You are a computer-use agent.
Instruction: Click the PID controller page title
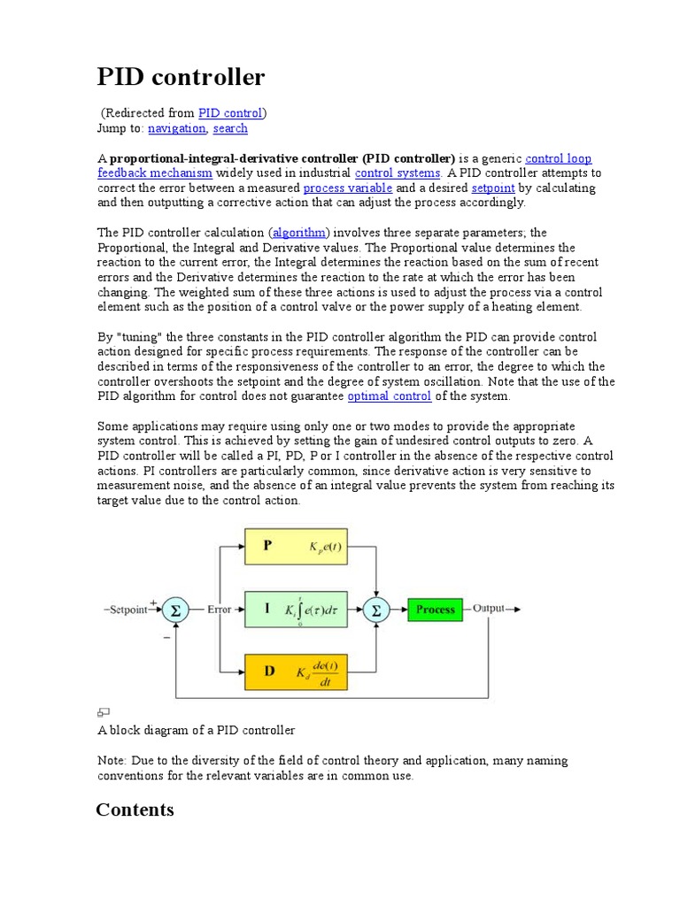coord(181,78)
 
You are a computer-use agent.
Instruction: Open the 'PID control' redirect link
coord(230,113)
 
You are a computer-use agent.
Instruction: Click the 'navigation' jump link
coord(176,128)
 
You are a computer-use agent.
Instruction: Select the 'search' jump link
coord(230,128)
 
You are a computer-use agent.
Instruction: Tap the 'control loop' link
coord(558,158)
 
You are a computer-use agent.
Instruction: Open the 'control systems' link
coord(398,173)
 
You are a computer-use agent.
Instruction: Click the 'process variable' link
coord(347,188)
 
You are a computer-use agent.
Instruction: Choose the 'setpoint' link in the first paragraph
coord(493,188)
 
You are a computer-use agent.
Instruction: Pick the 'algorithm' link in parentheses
coord(299,233)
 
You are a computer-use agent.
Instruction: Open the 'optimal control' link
coord(390,396)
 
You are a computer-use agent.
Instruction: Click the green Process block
coord(435,610)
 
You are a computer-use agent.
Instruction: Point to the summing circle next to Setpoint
coord(175,610)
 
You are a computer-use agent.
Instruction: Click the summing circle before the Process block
coord(376,610)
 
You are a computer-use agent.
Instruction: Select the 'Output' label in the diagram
coord(488,609)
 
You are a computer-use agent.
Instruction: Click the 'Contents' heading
coord(135,810)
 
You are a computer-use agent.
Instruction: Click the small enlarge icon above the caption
coord(103,712)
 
